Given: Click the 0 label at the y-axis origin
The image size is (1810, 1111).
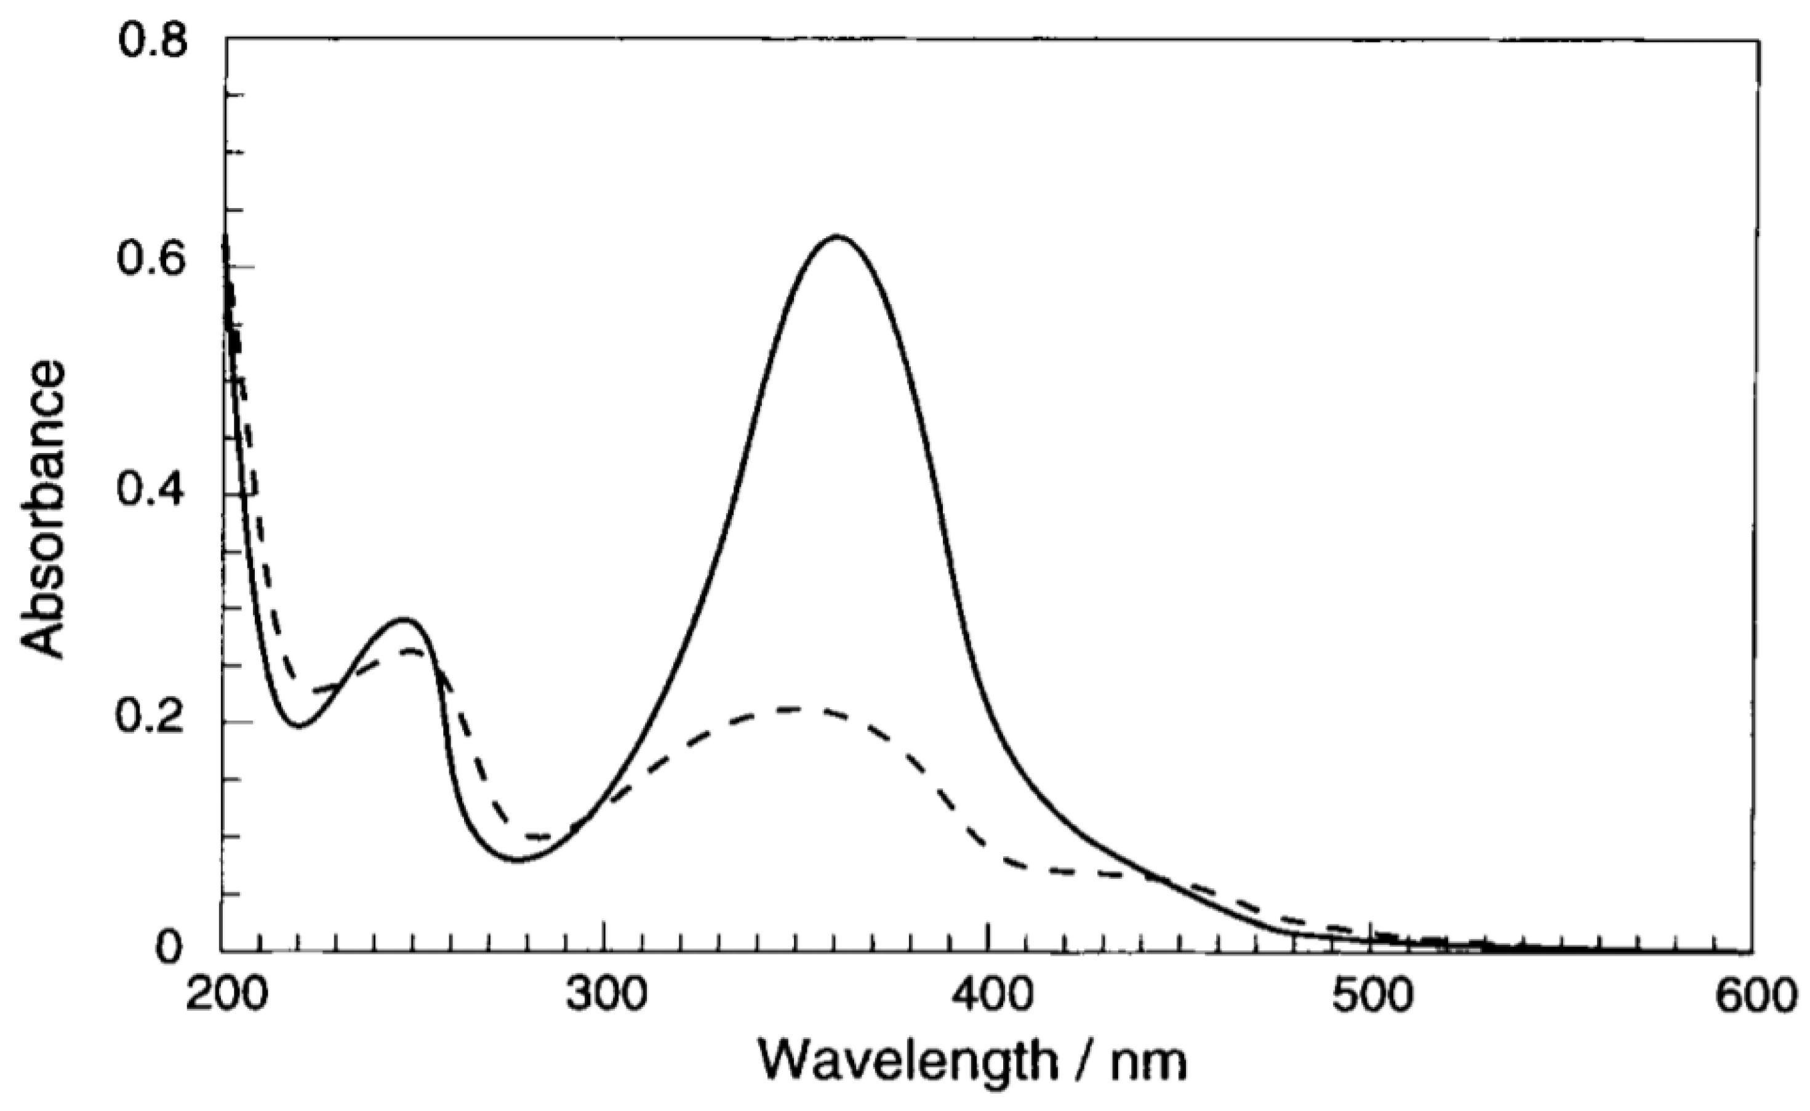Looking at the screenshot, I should pyautogui.click(x=170, y=947).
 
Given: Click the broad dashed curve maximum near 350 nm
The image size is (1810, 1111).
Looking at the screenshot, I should pyautogui.click(x=790, y=709).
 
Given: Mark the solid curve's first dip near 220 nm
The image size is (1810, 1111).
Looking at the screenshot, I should pyautogui.click(x=299, y=726).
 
